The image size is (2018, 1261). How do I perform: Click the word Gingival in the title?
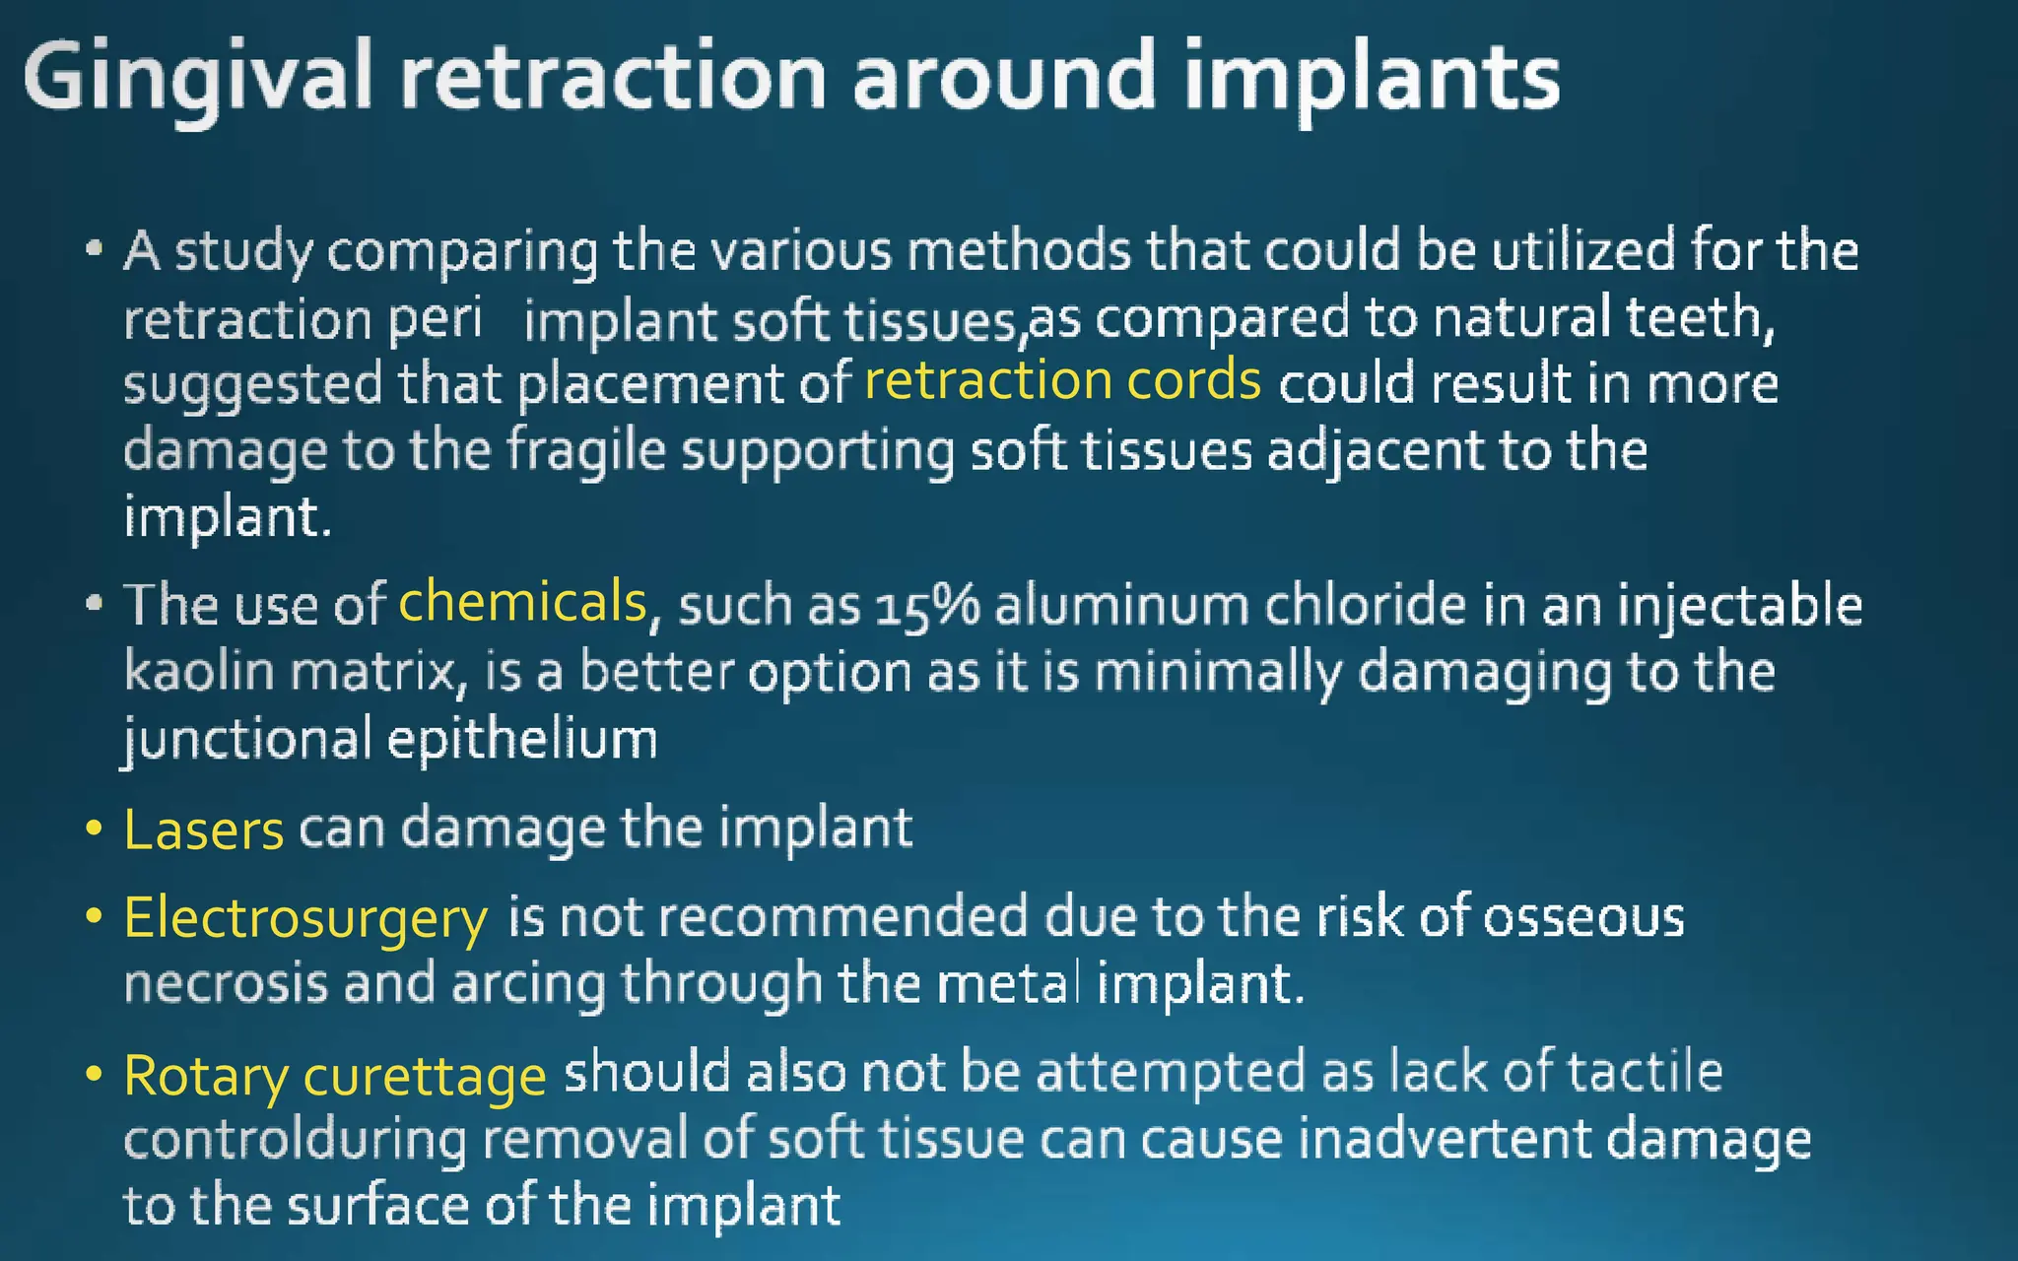click(197, 77)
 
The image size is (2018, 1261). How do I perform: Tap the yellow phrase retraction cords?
click(1062, 380)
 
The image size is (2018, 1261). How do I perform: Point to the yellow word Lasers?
click(204, 830)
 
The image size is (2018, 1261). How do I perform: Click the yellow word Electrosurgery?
click(305, 918)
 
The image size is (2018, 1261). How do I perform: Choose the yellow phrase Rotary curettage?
click(335, 1075)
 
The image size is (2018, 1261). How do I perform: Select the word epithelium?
click(522, 739)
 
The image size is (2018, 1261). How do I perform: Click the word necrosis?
click(226, 983)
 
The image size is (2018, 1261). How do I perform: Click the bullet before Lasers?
click(94, 828)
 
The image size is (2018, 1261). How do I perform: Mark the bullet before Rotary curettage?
click(94, 1073)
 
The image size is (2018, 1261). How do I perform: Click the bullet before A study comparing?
click(94, 248)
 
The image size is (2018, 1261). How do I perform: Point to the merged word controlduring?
click(296, 1139)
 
